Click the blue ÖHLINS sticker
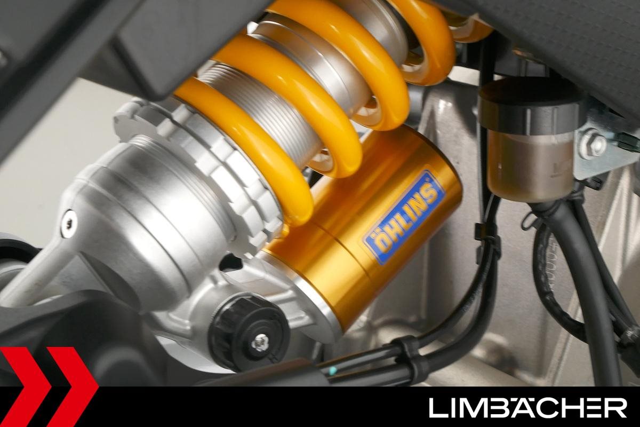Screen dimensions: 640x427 tap(403, 217)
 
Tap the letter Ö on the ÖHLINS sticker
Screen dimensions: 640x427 tap(380, 246)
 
